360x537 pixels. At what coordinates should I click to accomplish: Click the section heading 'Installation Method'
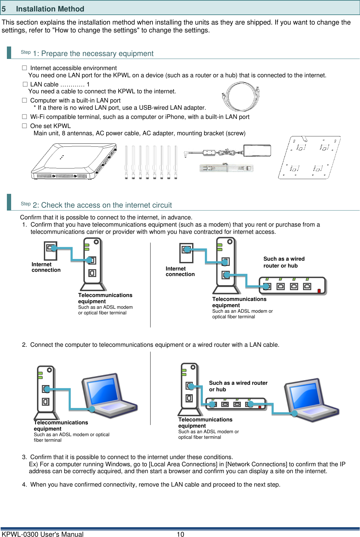(x=50, y=9)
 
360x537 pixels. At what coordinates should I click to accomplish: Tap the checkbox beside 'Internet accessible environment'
(x=25, y=68)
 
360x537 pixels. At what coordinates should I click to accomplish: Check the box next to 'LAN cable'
(x=25, y=84)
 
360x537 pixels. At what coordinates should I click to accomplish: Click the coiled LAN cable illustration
(x=241, y=97)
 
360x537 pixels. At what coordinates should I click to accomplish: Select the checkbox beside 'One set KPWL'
(x=25, y=126)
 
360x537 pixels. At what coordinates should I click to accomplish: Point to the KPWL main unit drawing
(x=74, y=161)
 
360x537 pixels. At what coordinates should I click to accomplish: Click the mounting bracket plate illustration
(x=309, y=157)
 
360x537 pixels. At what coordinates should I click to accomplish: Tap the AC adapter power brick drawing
(x=257, y=150)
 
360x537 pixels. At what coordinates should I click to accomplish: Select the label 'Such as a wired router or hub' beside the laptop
(x=238, y=386)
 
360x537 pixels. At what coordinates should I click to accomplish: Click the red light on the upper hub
(x=319, y=290)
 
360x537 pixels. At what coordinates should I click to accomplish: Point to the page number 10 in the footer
(x=180, y=534)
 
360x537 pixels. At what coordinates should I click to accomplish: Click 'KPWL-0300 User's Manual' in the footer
(x=43, y=534)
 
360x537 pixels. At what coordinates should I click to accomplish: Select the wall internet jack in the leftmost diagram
(x=50, y=250)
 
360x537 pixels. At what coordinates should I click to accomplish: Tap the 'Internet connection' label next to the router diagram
(x=180, y=271)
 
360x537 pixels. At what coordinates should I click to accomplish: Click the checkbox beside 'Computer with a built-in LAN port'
(x=25, y=100)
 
